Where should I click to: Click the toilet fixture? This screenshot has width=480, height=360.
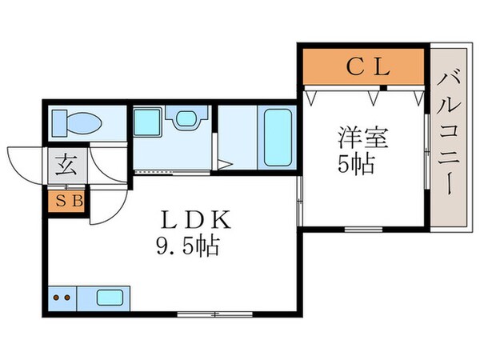coord(77,123)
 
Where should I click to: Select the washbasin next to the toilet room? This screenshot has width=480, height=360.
coord(186,119)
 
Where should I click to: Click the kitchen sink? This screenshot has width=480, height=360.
coord(110,298)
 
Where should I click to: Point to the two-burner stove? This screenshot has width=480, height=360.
coord(62,298)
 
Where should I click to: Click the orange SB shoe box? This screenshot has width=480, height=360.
coord(67,201)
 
